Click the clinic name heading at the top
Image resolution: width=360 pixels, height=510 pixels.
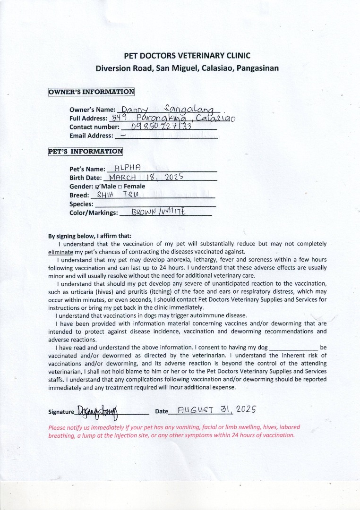click(x=187, y=56)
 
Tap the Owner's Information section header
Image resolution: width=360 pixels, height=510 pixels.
click(x=91, y=92)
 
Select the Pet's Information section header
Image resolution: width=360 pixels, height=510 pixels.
click(x=86, y=152)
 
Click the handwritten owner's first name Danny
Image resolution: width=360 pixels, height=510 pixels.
click(x=129, y=109)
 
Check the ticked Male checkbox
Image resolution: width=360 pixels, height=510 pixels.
click(x=97, y=187)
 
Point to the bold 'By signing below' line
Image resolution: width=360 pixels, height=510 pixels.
click(x=90, y=236)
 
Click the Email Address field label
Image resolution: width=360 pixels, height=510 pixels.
click(x=91, y=136)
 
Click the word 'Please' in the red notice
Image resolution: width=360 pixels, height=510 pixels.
click(x=58, y=427)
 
